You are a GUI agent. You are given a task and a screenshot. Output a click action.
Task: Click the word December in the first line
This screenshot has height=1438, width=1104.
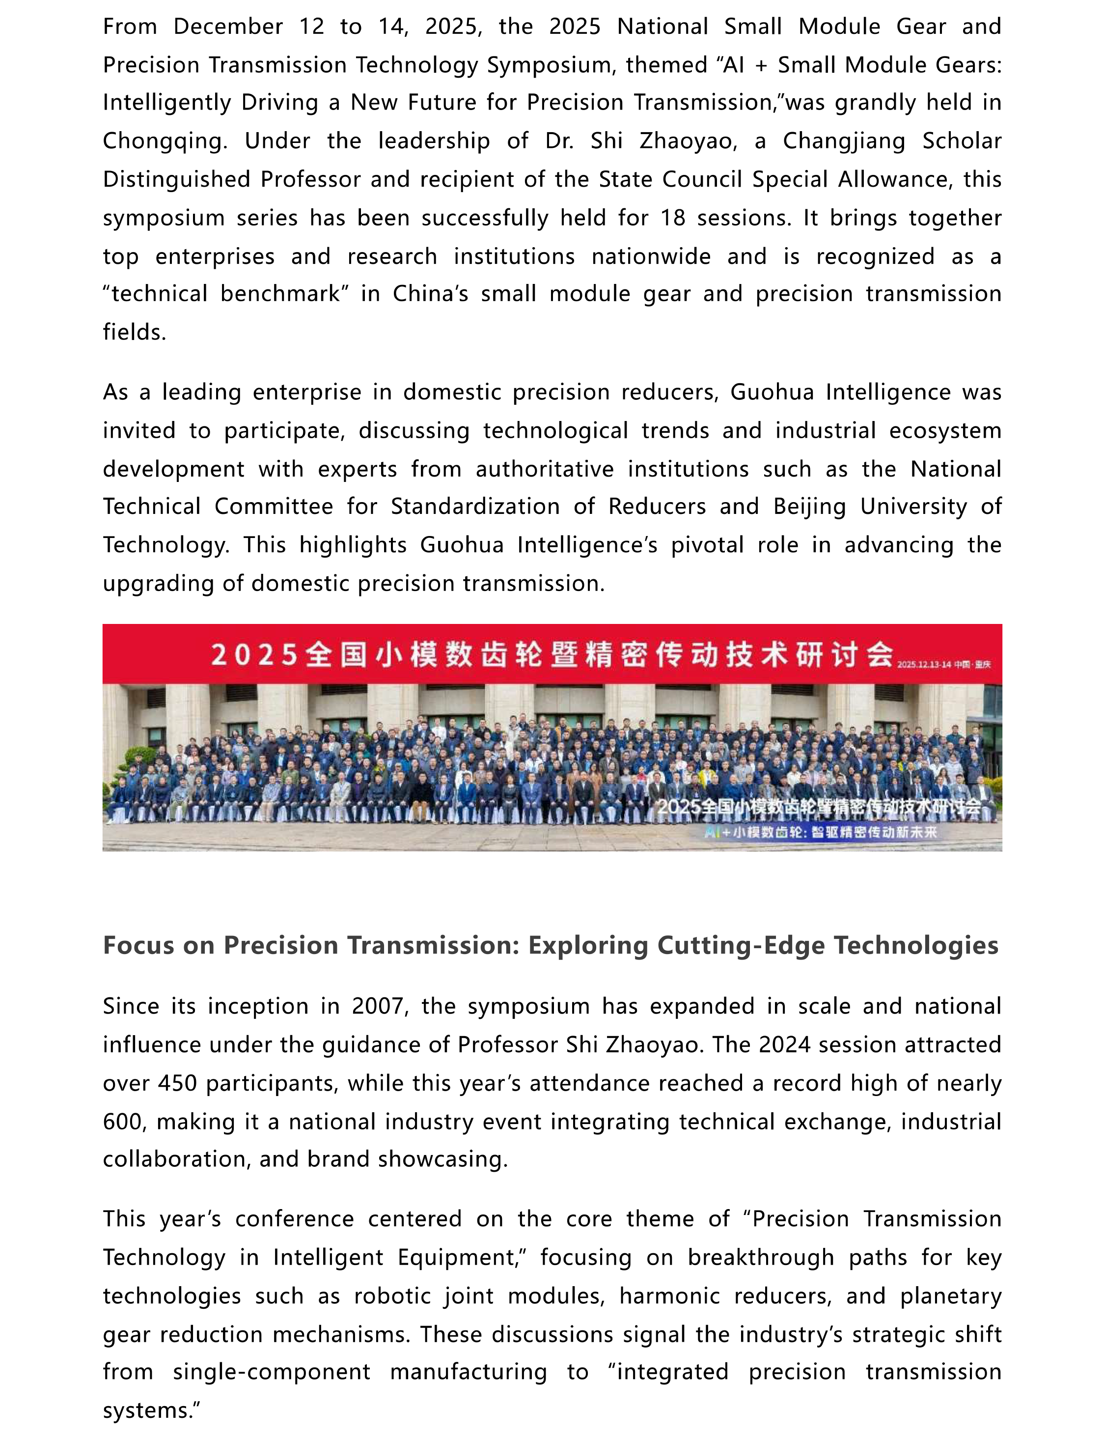point(228,27)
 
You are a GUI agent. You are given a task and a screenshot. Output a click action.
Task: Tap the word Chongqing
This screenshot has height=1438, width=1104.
point(165,141)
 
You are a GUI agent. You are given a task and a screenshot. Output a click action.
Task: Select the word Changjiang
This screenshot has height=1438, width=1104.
point(844,141)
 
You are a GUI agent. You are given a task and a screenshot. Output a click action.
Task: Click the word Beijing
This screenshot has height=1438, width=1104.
point(809,507)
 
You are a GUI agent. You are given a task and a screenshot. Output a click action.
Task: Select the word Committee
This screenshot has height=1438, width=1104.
point(274,507)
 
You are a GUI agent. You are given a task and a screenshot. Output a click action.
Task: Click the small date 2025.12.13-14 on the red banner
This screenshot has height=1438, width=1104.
point(924,664)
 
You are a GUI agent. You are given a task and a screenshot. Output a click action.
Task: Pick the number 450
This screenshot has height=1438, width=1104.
point(177,1083)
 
